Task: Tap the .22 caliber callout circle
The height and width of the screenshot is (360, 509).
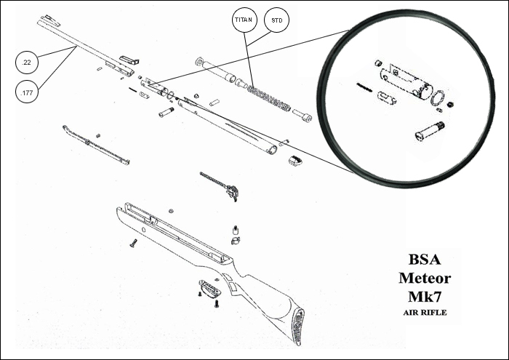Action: (27, 63)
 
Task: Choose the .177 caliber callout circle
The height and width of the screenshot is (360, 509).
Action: (27, 92)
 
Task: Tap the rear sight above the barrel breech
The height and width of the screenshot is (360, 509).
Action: (129, 58)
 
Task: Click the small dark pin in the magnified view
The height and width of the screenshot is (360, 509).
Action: (364, 86)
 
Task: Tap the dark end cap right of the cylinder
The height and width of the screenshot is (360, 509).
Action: (296, 161)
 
